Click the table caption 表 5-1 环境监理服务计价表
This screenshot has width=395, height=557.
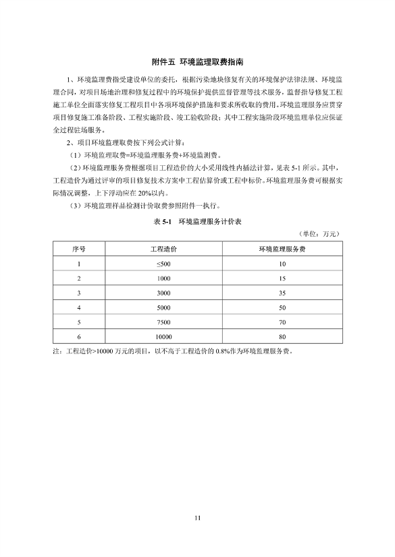coord(197,221)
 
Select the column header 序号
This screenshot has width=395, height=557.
coord(79,249)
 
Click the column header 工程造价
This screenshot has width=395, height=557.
coord(163,249)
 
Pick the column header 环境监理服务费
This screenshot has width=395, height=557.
coord(282,249)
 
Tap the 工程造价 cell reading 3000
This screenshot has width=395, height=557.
coord(163,293)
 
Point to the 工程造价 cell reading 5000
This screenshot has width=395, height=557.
coord(163,307)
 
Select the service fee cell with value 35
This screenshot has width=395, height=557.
coord(282,293)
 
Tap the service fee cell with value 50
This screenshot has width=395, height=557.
coord(282,307)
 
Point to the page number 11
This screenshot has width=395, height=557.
coord(197,518)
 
